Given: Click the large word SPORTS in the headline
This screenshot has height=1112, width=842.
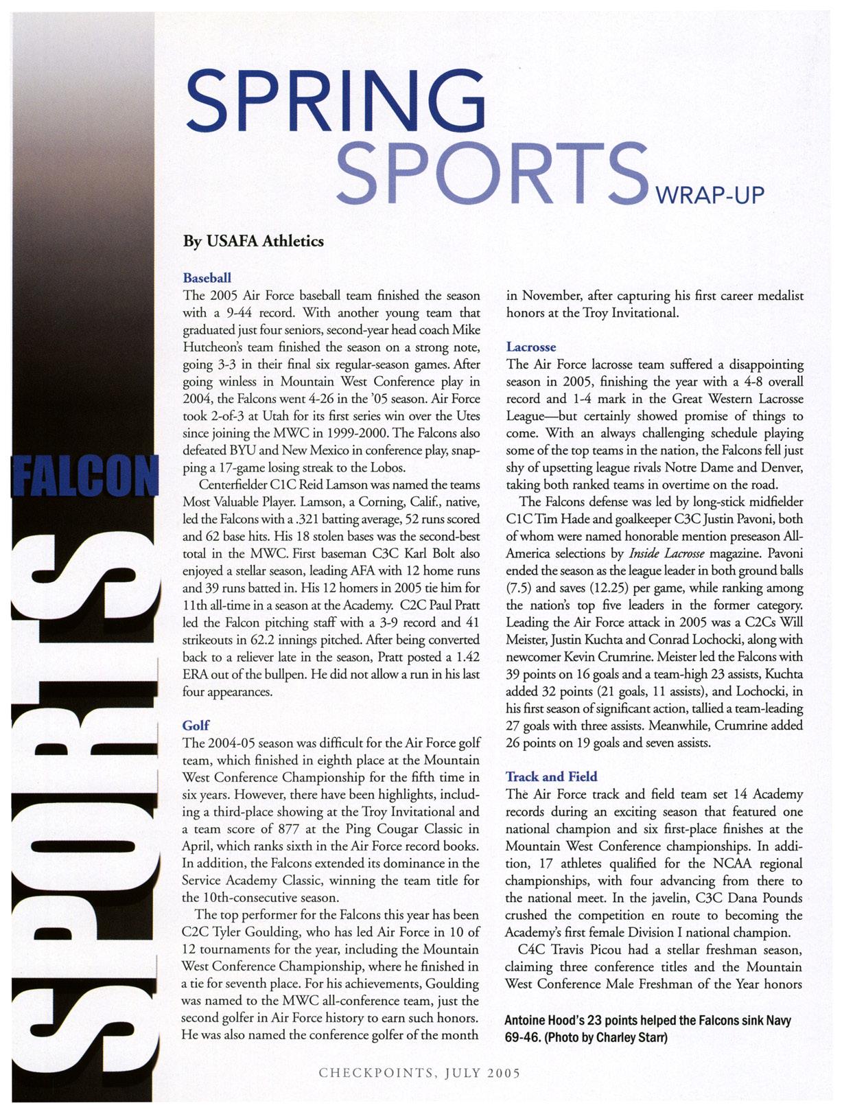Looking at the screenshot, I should pyautogui.click(x=493, y=173).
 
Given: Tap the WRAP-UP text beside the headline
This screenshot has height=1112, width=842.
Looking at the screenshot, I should pyautogui.click(x=709, y=196).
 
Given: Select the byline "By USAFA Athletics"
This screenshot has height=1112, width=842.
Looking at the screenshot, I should pyautogui.click(x=253, y=242).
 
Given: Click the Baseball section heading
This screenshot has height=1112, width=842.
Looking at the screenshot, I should pyautogui.click(x=207, y=278).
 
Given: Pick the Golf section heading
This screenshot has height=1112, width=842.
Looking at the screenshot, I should pyautogui.click(x=196, y=726).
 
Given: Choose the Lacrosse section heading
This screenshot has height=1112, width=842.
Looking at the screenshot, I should pyautogui.click(x=531, y=347).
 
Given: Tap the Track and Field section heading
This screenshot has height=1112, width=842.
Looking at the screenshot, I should pyautogui.click(x=551, y=777).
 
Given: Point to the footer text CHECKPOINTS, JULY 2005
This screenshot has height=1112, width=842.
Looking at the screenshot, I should pyautogui.click(x=419, y=1073).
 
